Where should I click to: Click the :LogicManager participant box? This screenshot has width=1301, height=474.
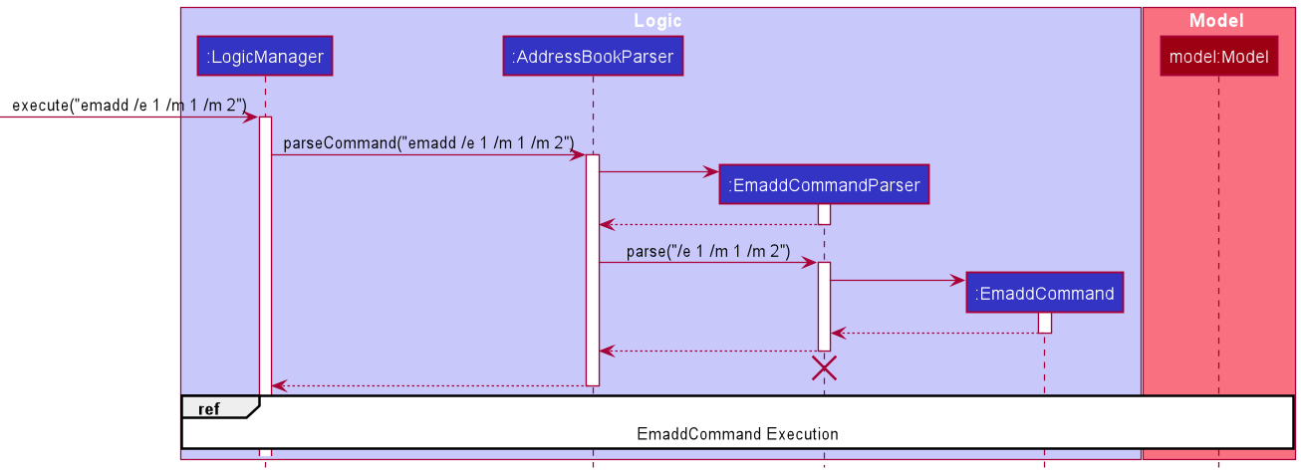[265, 57]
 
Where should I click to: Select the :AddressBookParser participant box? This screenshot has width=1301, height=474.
[593, 57]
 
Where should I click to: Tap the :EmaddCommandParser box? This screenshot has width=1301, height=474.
[824, 184]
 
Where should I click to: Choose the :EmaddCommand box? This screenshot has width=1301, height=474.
[1044, 294]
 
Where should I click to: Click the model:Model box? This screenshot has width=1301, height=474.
[1217, 57]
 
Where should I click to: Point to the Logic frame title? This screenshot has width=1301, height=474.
[657, 21]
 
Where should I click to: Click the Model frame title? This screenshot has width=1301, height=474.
[1216, 21]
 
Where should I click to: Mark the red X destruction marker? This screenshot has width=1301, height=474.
[824, 368]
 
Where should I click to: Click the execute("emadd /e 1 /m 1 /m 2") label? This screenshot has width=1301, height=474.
[130, 106]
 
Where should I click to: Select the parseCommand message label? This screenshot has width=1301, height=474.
[428, 143]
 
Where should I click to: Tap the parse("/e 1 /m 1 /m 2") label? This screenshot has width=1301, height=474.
[708, 252]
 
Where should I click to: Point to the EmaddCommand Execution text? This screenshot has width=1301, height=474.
[737, 434]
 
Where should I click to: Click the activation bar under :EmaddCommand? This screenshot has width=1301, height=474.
[1044, 323]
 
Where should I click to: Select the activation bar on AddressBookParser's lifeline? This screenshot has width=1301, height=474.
[593, 269]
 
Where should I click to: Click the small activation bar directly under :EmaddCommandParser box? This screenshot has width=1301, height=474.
[824, 214]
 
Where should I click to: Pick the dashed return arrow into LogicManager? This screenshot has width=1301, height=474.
[428, 385]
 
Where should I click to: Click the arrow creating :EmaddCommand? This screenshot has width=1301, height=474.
[897, 281]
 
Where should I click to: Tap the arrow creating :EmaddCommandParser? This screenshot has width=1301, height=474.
[657, 171]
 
